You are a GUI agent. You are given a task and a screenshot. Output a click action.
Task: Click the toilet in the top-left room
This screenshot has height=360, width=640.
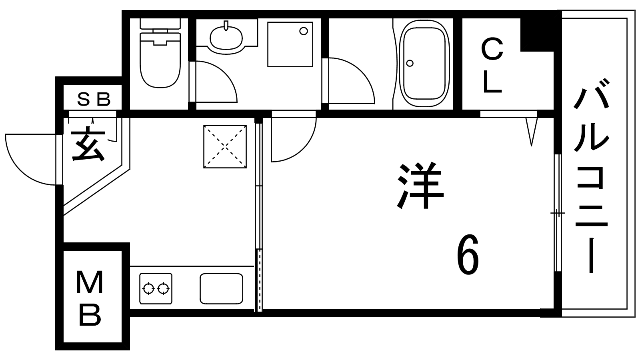160,53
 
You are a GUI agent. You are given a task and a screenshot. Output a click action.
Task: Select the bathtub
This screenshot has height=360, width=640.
424,64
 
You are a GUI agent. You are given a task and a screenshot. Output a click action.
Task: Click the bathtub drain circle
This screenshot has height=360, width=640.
410,63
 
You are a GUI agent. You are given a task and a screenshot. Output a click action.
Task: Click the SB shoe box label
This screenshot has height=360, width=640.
94,100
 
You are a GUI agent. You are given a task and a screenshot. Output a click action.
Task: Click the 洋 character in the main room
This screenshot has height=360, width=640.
420,185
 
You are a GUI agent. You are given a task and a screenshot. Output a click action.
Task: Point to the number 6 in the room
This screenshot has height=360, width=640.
468,255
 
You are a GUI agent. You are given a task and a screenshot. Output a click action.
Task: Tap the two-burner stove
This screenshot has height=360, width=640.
156,288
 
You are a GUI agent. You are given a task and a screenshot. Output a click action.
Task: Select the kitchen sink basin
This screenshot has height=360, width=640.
222,288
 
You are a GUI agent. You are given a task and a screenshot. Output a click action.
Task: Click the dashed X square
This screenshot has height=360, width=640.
225,146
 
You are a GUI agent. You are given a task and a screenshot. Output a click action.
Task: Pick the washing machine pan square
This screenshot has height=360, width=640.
290,44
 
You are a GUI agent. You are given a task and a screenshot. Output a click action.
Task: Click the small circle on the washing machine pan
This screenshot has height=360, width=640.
304,31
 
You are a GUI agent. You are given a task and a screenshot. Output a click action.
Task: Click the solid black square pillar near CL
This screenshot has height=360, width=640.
537,34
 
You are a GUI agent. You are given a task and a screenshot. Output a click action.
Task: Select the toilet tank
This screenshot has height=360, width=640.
160,24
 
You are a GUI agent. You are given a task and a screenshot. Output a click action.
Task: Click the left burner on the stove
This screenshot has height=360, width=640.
148,288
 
